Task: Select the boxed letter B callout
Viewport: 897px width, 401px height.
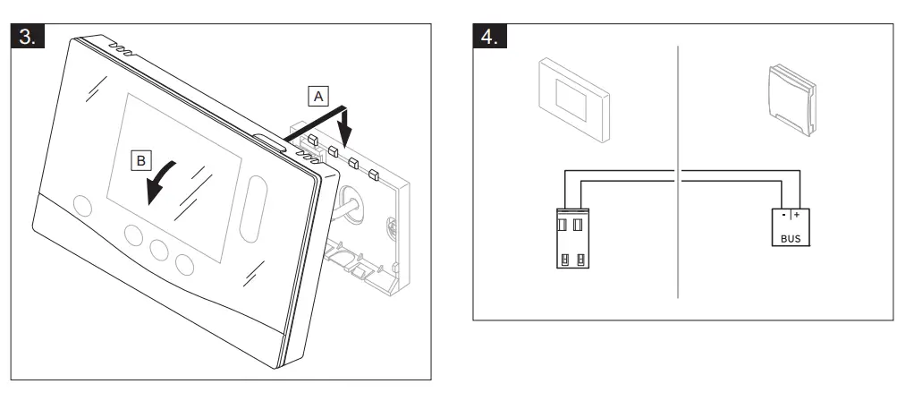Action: point(140,161)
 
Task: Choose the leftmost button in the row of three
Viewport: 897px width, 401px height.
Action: point(136,236)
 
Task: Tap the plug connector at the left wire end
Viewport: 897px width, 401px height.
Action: point(571,236)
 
